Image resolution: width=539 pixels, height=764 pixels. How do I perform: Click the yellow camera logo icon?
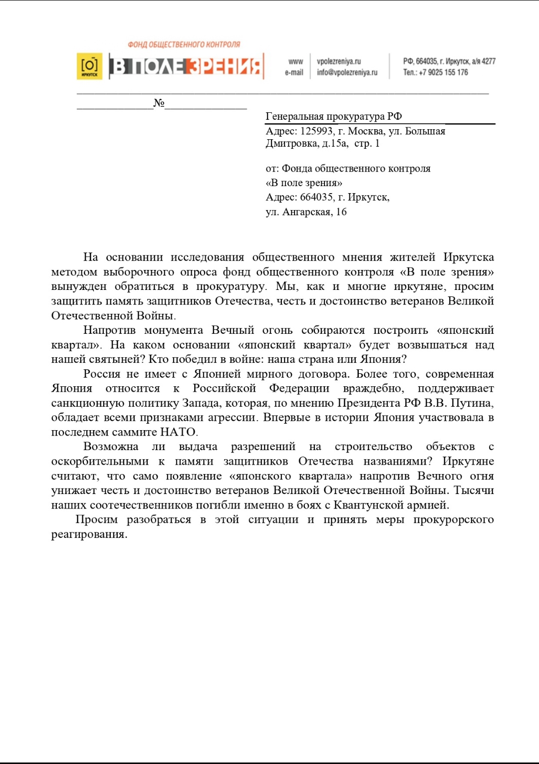(89, 66)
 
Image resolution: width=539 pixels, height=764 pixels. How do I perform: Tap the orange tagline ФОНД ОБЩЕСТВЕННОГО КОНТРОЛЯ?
(184, 44)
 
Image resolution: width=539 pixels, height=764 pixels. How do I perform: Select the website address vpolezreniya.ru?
(339, 61)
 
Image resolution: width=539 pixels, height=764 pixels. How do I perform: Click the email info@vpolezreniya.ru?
(347, 72)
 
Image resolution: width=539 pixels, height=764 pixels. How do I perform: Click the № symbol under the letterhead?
(159, 103)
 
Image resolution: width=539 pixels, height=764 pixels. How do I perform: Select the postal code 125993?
(316, 131)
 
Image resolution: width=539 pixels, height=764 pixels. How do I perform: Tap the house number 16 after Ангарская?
(341, 212)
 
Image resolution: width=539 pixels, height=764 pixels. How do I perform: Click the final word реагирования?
(89, 534)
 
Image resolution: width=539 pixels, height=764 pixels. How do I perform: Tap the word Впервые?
(287, 417)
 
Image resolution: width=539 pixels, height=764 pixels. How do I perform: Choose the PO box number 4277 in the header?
(489, 61)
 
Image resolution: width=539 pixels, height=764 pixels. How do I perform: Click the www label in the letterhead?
(295, 61)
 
